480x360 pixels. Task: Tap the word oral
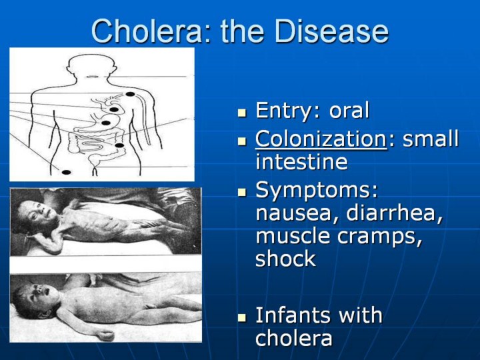(349, 110)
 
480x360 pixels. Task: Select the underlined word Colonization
(321, 139)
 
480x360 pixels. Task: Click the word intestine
(301, 161)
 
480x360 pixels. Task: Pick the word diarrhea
(395, 212)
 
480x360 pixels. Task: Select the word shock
(285, 259)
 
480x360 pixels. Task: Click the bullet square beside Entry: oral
(242, 113)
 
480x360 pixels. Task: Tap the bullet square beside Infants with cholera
(242, 317)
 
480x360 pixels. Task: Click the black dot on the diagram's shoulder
(130, 94)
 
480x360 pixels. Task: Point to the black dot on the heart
(114, 109)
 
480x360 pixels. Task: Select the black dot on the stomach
(106, 123)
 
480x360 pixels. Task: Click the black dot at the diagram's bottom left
(66, 173)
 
